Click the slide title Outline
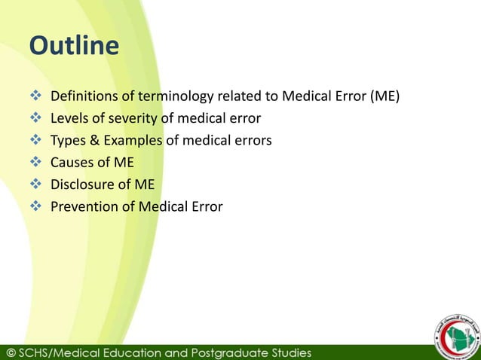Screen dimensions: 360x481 [x=74, y=47]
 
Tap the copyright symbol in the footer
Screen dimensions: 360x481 [x=13, y=352]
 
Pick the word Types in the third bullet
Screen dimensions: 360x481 [x=67, y=140]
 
